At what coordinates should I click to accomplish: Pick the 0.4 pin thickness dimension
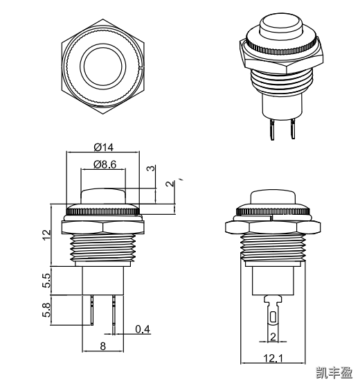[143, 329]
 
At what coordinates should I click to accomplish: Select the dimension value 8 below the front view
[102, 346]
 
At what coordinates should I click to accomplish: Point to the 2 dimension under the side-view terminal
[273, 336]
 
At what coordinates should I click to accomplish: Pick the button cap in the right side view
[273, 197]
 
